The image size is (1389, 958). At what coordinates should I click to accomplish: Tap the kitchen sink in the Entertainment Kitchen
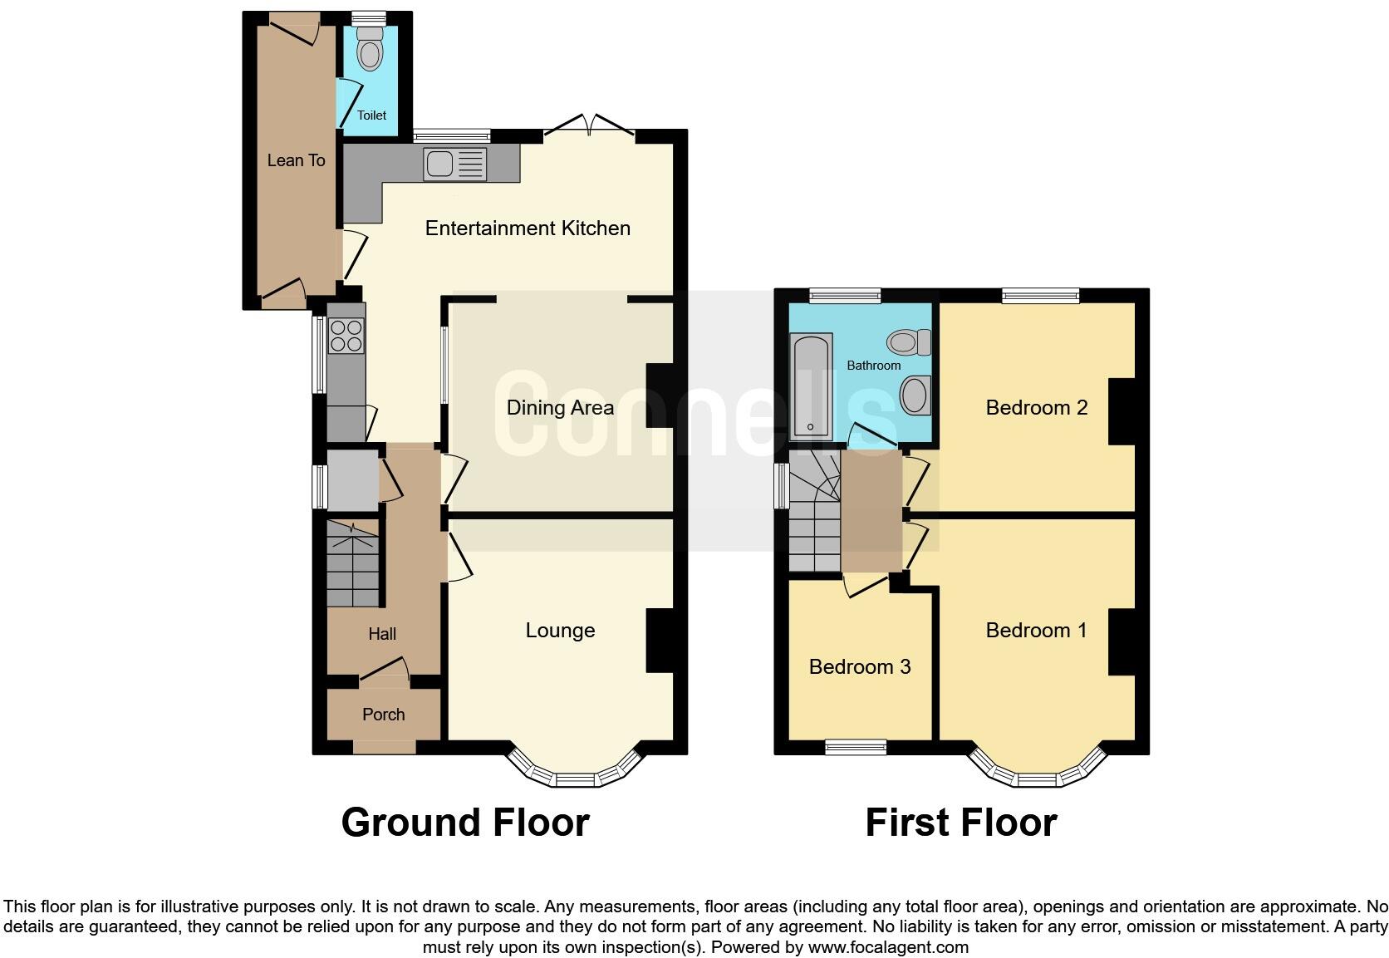[x=454, y=164]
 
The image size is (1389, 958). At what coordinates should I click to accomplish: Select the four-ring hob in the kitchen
[x=346, y=335]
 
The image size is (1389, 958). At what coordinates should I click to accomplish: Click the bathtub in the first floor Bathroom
[x=811, y=386]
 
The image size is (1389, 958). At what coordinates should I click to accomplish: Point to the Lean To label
[x=296, y=160]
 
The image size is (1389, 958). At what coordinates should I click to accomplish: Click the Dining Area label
[x=560, y=408]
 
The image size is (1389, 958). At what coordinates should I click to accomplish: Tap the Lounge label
[x=560, y=631]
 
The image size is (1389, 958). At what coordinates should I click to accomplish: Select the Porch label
[x=384, y=715]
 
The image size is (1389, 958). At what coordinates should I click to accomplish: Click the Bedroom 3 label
[x=860, y=666]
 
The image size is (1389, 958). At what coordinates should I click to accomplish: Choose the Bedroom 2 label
[x=1036, y=408]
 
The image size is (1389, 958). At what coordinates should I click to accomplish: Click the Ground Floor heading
[x=465, y=823]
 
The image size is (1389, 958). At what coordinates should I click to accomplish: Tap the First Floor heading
[x=961, y=823]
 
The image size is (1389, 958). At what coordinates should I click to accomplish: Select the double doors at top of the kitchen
[x=589, y=127]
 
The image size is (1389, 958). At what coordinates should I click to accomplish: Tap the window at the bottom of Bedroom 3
[x=856, y=749]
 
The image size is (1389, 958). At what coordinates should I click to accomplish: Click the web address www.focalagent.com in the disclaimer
[x=887, y=947]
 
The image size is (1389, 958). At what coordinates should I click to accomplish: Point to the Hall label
[x=382, y=634]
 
